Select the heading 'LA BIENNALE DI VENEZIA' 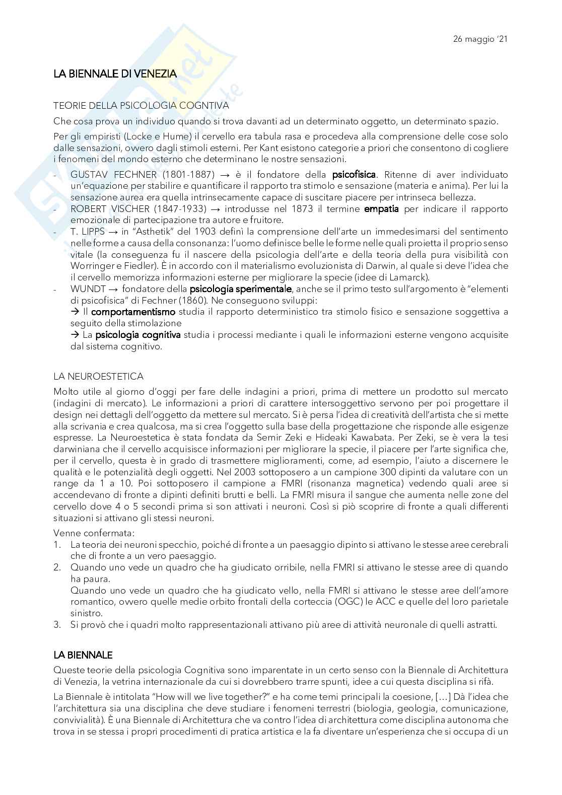pyautogui.click(x=115, y=74)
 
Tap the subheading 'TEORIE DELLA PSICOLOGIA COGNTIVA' pyautogui.click(x=142, y=106)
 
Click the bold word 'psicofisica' pyautogui.click(x=354, y=175)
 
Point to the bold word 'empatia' pyautogui.click(x=381, y=209)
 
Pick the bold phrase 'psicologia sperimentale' pyautogui.click(x=240, y=289)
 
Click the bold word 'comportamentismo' pyautogui.click(x=133, y=312)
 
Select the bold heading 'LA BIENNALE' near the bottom pyautogui.click(x=83, y=655)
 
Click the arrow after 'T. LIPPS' pyautogui.click(x=112, y=232)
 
